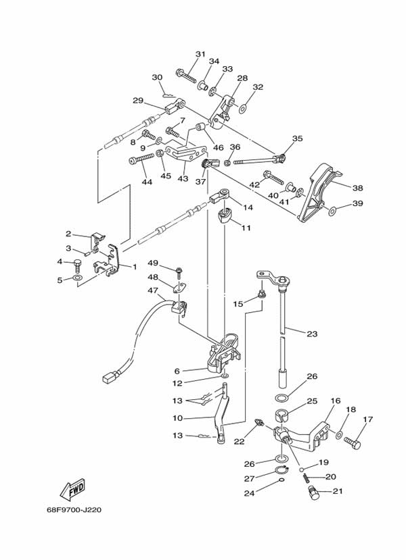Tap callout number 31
(x=200, y=54)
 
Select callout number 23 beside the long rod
(x=311, y=333)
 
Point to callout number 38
(x=358, y=188)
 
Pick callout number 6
(x=177, y=371)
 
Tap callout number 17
(x=367, y=419)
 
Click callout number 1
(x=134, y=266)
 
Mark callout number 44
(x=147, y=182)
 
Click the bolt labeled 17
(x=353, y=443)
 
